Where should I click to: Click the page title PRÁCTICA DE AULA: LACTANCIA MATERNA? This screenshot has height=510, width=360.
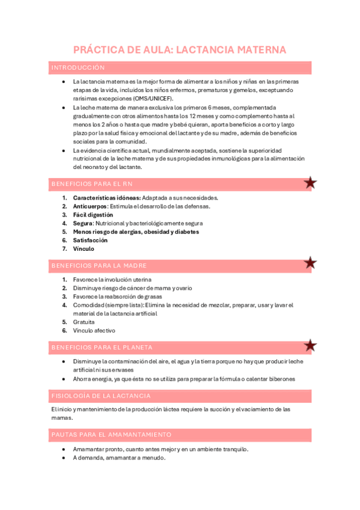tap(180, 49)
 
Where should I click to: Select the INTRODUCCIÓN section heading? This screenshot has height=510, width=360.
tap(78, 68)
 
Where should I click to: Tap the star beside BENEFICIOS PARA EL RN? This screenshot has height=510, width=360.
tap(310, 183)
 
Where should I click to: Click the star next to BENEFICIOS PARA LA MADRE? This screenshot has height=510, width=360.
tap(310, 263)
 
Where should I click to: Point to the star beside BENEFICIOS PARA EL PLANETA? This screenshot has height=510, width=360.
tap(310, 345)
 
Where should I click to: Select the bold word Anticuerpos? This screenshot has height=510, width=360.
tap(90, 206)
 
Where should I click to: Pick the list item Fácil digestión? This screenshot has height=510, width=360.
tap(93, 215)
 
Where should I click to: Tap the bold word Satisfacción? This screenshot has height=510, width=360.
tap(91, 240)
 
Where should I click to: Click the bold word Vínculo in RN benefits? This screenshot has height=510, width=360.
tap(84, 248)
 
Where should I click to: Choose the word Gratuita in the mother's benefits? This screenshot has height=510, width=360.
tap(84, 322)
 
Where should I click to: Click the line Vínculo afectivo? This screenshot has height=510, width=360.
tap(94, 330)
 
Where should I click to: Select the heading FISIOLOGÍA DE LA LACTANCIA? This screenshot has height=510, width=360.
tap(101, 396)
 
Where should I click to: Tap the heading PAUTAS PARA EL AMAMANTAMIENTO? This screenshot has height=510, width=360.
tap(111, 434)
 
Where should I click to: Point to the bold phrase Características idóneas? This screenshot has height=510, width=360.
tap(106, 198)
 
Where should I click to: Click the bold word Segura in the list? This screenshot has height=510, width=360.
tap(83, 223)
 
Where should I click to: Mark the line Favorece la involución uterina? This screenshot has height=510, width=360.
tap(112, 280)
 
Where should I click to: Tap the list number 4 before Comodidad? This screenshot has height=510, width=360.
tap(64, 305)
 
